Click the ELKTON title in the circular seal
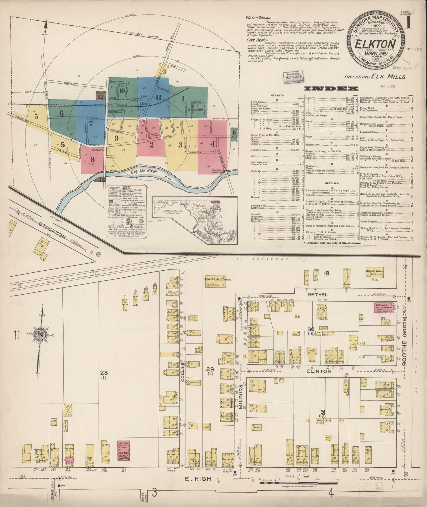[x=375, y=44]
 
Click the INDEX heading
[x=331, y=88]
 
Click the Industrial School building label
[x=217, y=279]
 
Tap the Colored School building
[x=375, y=274]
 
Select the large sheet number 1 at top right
[x=409, y=23]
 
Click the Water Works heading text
[x=256, y=17]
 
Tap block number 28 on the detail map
[x=103, y=372]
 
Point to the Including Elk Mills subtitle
[x=375, y=77]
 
